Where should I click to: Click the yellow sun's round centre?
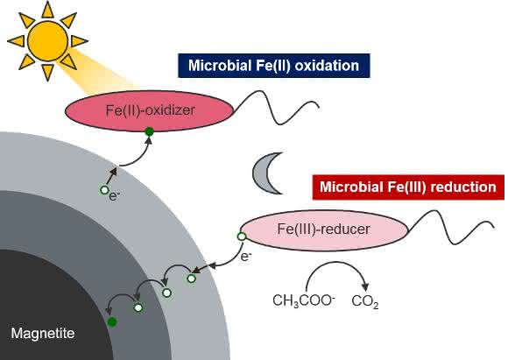point(47,41)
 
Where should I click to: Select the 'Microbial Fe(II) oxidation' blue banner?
point(274,66)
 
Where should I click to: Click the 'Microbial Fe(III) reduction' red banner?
point(408,187)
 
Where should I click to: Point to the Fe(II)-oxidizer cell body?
point(150,111)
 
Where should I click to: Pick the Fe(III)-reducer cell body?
point(323,229)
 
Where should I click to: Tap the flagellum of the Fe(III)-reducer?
point(451,227)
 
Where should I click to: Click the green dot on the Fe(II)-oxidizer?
point(149,131)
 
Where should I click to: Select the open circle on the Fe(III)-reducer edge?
point(242,236)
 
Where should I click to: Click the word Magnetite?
point(43,334)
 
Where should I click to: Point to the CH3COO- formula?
point(304,300)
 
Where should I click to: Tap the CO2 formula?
point(365,301)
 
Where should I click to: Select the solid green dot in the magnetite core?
point(112,321)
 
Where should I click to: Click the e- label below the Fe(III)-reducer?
point(246,257)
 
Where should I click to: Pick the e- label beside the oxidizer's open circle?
point(115,196)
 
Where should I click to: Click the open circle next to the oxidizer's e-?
point(103,190)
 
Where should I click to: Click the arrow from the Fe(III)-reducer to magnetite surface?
point(227,262)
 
